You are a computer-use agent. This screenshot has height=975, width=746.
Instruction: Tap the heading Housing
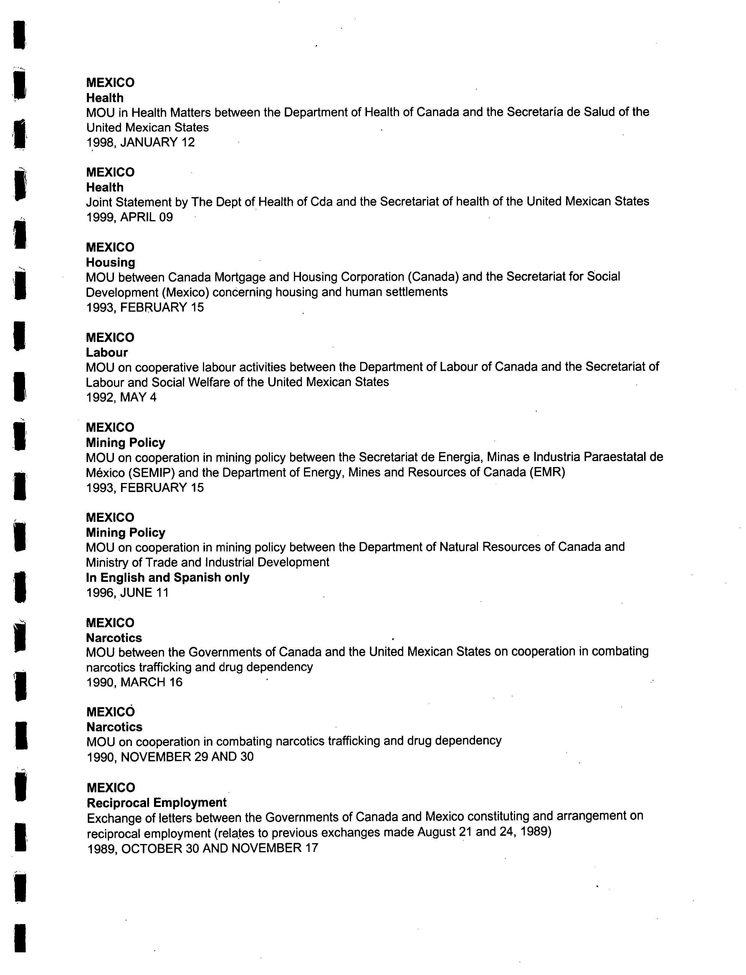(x=110, y=262)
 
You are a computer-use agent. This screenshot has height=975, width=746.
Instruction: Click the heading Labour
(x=107, y=352)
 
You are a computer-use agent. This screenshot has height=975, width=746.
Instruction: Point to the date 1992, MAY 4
(x=121, y=397)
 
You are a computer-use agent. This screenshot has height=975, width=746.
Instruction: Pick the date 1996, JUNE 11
(x=128, y=593)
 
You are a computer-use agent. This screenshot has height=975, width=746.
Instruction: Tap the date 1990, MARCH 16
(x=134, y=682)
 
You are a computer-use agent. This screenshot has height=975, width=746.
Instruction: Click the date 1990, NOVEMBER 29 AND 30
(x=170, y=757)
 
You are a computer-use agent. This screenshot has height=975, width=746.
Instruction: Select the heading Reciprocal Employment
(x=157, y=802)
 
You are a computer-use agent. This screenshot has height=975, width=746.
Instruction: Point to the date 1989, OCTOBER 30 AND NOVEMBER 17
(x=203, y=848)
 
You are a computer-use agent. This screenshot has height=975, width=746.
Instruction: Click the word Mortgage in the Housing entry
(x=240, y=277)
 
